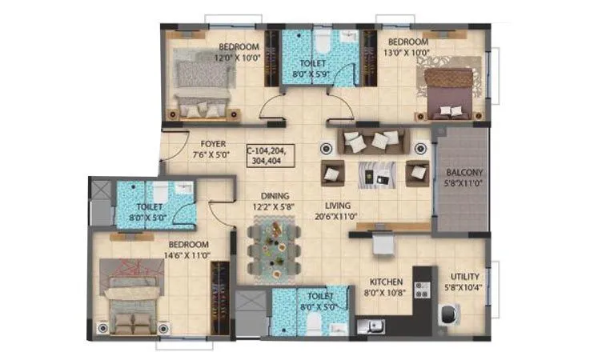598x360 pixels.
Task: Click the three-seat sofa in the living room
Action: (374, 143)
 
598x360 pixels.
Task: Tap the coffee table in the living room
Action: (375, 173)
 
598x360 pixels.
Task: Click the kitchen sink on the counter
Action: (370, 326)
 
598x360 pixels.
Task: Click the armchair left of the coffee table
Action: (333, 172)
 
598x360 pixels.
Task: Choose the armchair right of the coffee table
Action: (417, 172)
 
